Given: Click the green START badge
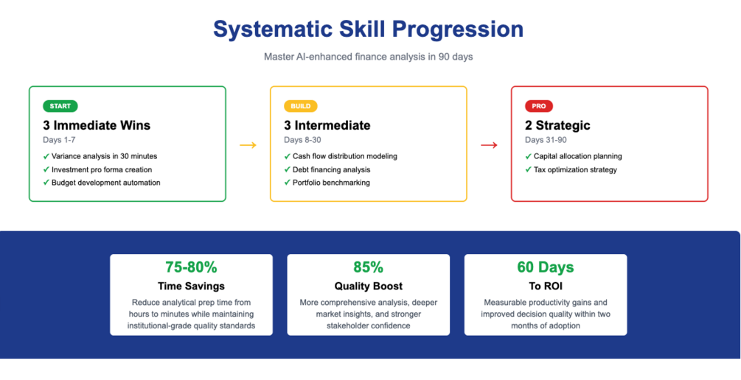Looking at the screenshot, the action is [x=60, y=106].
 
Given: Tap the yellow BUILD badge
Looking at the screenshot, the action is [x=301, y=106].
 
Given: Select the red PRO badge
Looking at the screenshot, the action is [x=539, y=106].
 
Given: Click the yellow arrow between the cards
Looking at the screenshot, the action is [x=248, y=145].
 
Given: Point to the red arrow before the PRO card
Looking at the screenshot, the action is [x=489, y=145].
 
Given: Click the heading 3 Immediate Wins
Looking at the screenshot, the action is [x=97, y=126].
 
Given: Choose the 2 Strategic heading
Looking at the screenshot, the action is [x=557, y=126].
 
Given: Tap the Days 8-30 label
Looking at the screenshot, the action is [x=302, y=140].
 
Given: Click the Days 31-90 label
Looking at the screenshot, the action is [x=546, y=140].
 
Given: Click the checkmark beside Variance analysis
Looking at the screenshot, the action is [x=46, y=156].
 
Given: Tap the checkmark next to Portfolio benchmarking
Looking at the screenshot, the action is [x=288, y=183].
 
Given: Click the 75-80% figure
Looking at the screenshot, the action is [x=192, y=267].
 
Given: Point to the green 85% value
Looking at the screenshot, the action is [x=369, y=267].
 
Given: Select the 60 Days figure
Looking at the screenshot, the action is [x=546, y=267].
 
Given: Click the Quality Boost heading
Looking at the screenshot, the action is [x=369, y=286].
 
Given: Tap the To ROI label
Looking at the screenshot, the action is [x=546, y=286].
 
